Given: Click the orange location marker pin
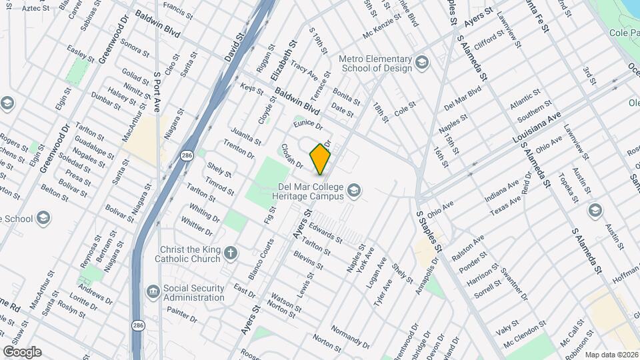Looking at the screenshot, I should pyautogui.click(x=321, y=158).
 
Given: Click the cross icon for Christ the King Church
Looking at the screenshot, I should pyautogui.click(x=231, y=253).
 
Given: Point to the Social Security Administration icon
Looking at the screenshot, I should pyautogui.click(x=153, y=291).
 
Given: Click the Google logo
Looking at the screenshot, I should pyautogui.click(x=21, y=352).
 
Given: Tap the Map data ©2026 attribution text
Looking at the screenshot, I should pyautogui.click(x=611, y=354).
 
